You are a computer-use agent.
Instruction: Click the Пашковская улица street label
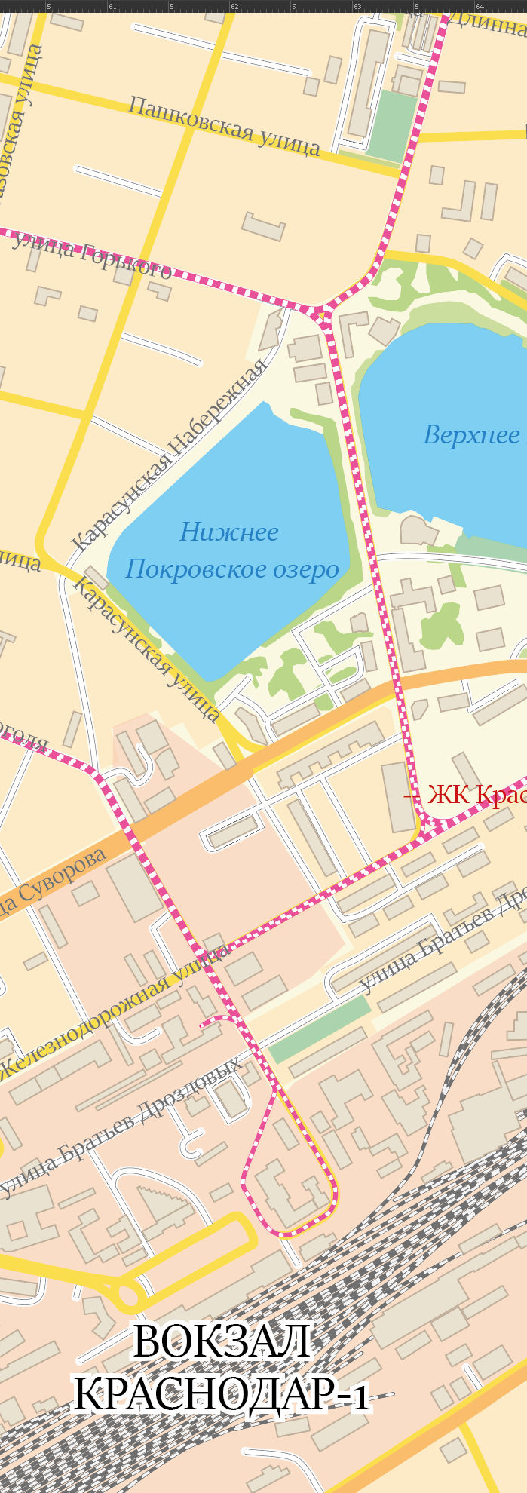223,126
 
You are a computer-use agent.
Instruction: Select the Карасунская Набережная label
170,455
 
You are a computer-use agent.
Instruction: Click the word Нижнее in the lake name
229,532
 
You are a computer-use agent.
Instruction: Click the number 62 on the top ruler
234,6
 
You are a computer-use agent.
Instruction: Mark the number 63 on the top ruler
357,6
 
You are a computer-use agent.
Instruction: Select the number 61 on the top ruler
112,6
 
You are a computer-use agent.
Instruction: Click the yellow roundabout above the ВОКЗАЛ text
128,1296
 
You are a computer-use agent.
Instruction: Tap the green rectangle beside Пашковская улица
392,126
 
